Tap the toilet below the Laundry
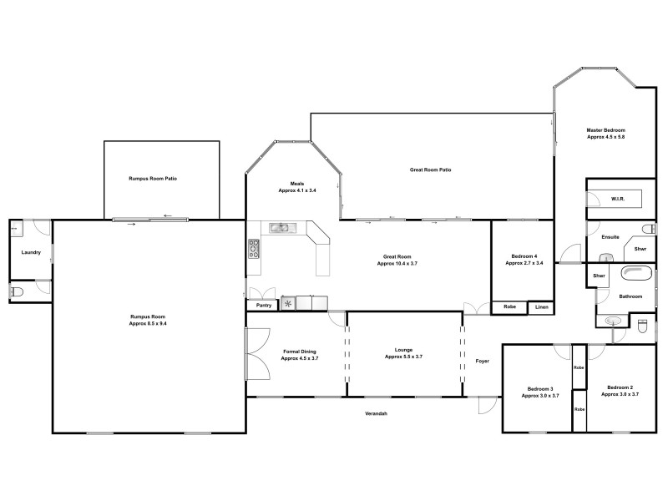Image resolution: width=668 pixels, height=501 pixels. coord(17,291)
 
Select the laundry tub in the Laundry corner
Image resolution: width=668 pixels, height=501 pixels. coord(14,227)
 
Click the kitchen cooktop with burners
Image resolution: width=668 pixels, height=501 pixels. coord(254,248)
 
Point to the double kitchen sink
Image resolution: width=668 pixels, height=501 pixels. coord(280,227)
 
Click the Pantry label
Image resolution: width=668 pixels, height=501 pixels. coord(264,306)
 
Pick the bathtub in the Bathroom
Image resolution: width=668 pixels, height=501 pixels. coord(639,273)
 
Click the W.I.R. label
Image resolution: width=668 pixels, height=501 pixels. coord(619,199)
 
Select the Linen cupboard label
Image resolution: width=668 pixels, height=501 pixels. coord(542,307)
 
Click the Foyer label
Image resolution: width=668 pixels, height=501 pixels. coord(482,362)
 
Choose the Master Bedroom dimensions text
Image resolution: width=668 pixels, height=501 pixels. coord(605,137)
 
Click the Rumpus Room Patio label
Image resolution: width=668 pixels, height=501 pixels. coord(153,179)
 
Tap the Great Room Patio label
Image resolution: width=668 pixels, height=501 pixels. coord(430,170)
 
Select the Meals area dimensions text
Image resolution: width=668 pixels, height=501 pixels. coord(296,191)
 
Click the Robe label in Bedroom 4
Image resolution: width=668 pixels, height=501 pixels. coord(509,307)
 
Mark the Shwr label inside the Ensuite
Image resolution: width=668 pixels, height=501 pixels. coord(640,249)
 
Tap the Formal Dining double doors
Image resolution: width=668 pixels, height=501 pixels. coord(256,354)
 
